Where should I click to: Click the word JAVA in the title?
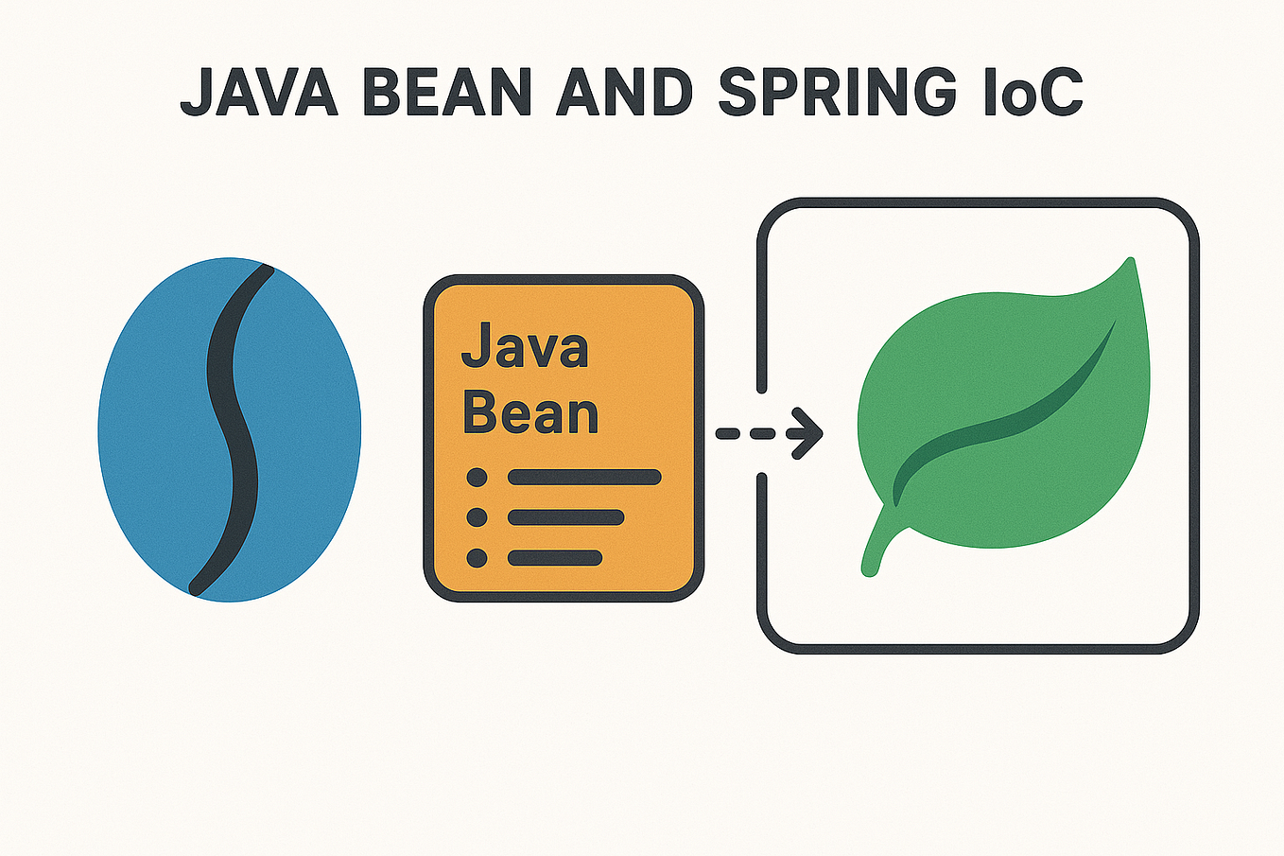(258, 92)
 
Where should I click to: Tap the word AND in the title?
(625, 92)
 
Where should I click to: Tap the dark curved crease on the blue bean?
(231, 426)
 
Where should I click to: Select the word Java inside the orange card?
(525, 347)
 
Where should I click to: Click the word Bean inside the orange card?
(530, 413)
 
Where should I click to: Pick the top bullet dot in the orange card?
(477, 478)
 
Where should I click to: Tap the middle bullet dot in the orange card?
(477, 517)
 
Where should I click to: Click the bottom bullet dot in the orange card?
(477, 558)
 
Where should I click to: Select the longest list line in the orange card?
(584, 478)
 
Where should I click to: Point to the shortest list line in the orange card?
(555, 558)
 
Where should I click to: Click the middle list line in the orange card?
(566, 517)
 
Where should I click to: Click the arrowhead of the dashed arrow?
(807, 433)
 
